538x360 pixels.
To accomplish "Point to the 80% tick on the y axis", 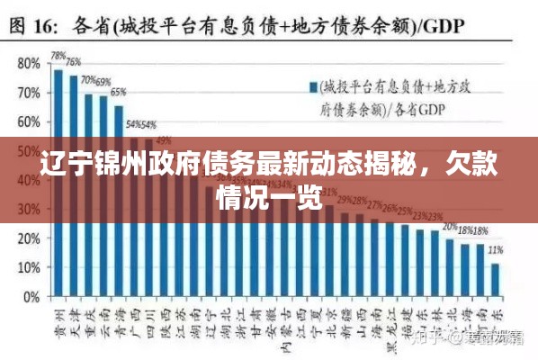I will click(x=29, y=64).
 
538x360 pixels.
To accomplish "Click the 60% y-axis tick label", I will click(x=29, y=122).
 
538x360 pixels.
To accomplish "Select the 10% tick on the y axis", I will click(x=29, y=268).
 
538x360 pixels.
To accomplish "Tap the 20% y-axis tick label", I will click(x=29, y=239).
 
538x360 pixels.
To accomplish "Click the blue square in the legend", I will click(x=315, y=87).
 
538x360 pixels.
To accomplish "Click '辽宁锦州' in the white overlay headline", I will click(x=98, y=168).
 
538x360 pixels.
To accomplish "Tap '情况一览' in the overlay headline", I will click(x=270, y=198).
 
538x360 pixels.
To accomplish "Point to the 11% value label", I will click(x=495, y=250).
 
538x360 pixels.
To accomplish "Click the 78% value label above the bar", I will click(x=58, y=56).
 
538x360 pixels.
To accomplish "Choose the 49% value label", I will click(x=164, y=140).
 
